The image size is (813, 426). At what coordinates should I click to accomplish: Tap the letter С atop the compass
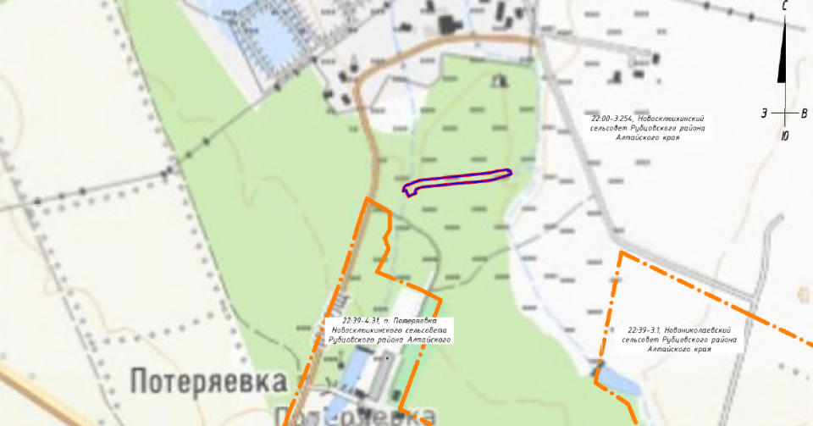pos(786,7)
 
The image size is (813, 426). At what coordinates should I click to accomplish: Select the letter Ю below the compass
pos(785,136)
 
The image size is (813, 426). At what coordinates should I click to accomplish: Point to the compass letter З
pos(764,113)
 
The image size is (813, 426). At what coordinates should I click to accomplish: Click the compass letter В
pos(805,113)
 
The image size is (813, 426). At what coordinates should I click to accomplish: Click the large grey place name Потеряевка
pos(208,380)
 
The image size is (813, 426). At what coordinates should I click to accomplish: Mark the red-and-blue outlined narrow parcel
pos(458,180)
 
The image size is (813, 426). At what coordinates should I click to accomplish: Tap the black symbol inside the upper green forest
pos(499,80)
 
